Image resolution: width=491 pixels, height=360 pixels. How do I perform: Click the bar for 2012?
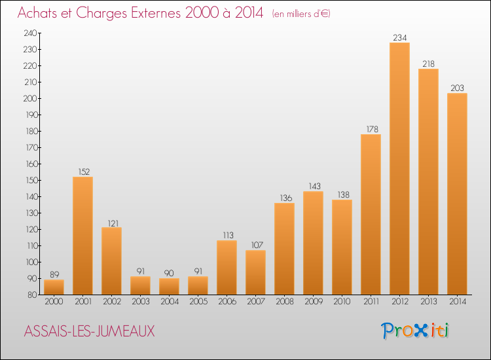[399, 168]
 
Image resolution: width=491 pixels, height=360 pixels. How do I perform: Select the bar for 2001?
[82, 236]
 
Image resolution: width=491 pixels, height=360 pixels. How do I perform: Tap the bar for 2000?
[54, 287]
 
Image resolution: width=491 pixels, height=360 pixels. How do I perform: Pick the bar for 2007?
[255, 272]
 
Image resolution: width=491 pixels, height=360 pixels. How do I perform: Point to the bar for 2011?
[371, 215]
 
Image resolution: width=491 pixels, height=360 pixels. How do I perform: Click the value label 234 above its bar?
[400, 38]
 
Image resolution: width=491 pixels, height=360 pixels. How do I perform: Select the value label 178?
[373, 130]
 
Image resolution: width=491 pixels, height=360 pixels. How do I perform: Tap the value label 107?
[257, 245]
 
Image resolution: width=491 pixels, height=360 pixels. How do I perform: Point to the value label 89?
[54, 274]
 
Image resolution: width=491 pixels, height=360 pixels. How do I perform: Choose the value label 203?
[457, 88]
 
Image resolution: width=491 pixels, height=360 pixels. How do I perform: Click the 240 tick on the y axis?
[30, 33]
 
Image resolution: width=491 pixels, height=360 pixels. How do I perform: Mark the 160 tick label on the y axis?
[31, 164]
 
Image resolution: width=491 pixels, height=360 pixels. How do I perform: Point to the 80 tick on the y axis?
[32, 295]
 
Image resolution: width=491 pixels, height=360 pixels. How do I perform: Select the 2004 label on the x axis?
[170, 302]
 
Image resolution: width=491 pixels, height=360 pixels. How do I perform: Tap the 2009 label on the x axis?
[314, 302]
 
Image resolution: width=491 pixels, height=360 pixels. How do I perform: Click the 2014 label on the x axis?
[458, 302]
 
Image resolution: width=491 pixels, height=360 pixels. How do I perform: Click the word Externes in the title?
[156, 13]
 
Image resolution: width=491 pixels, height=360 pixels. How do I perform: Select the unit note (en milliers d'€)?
[301, 14]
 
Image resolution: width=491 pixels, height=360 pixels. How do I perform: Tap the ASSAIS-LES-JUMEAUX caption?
[89, 331]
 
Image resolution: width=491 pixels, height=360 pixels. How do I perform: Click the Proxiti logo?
[415, 331]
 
